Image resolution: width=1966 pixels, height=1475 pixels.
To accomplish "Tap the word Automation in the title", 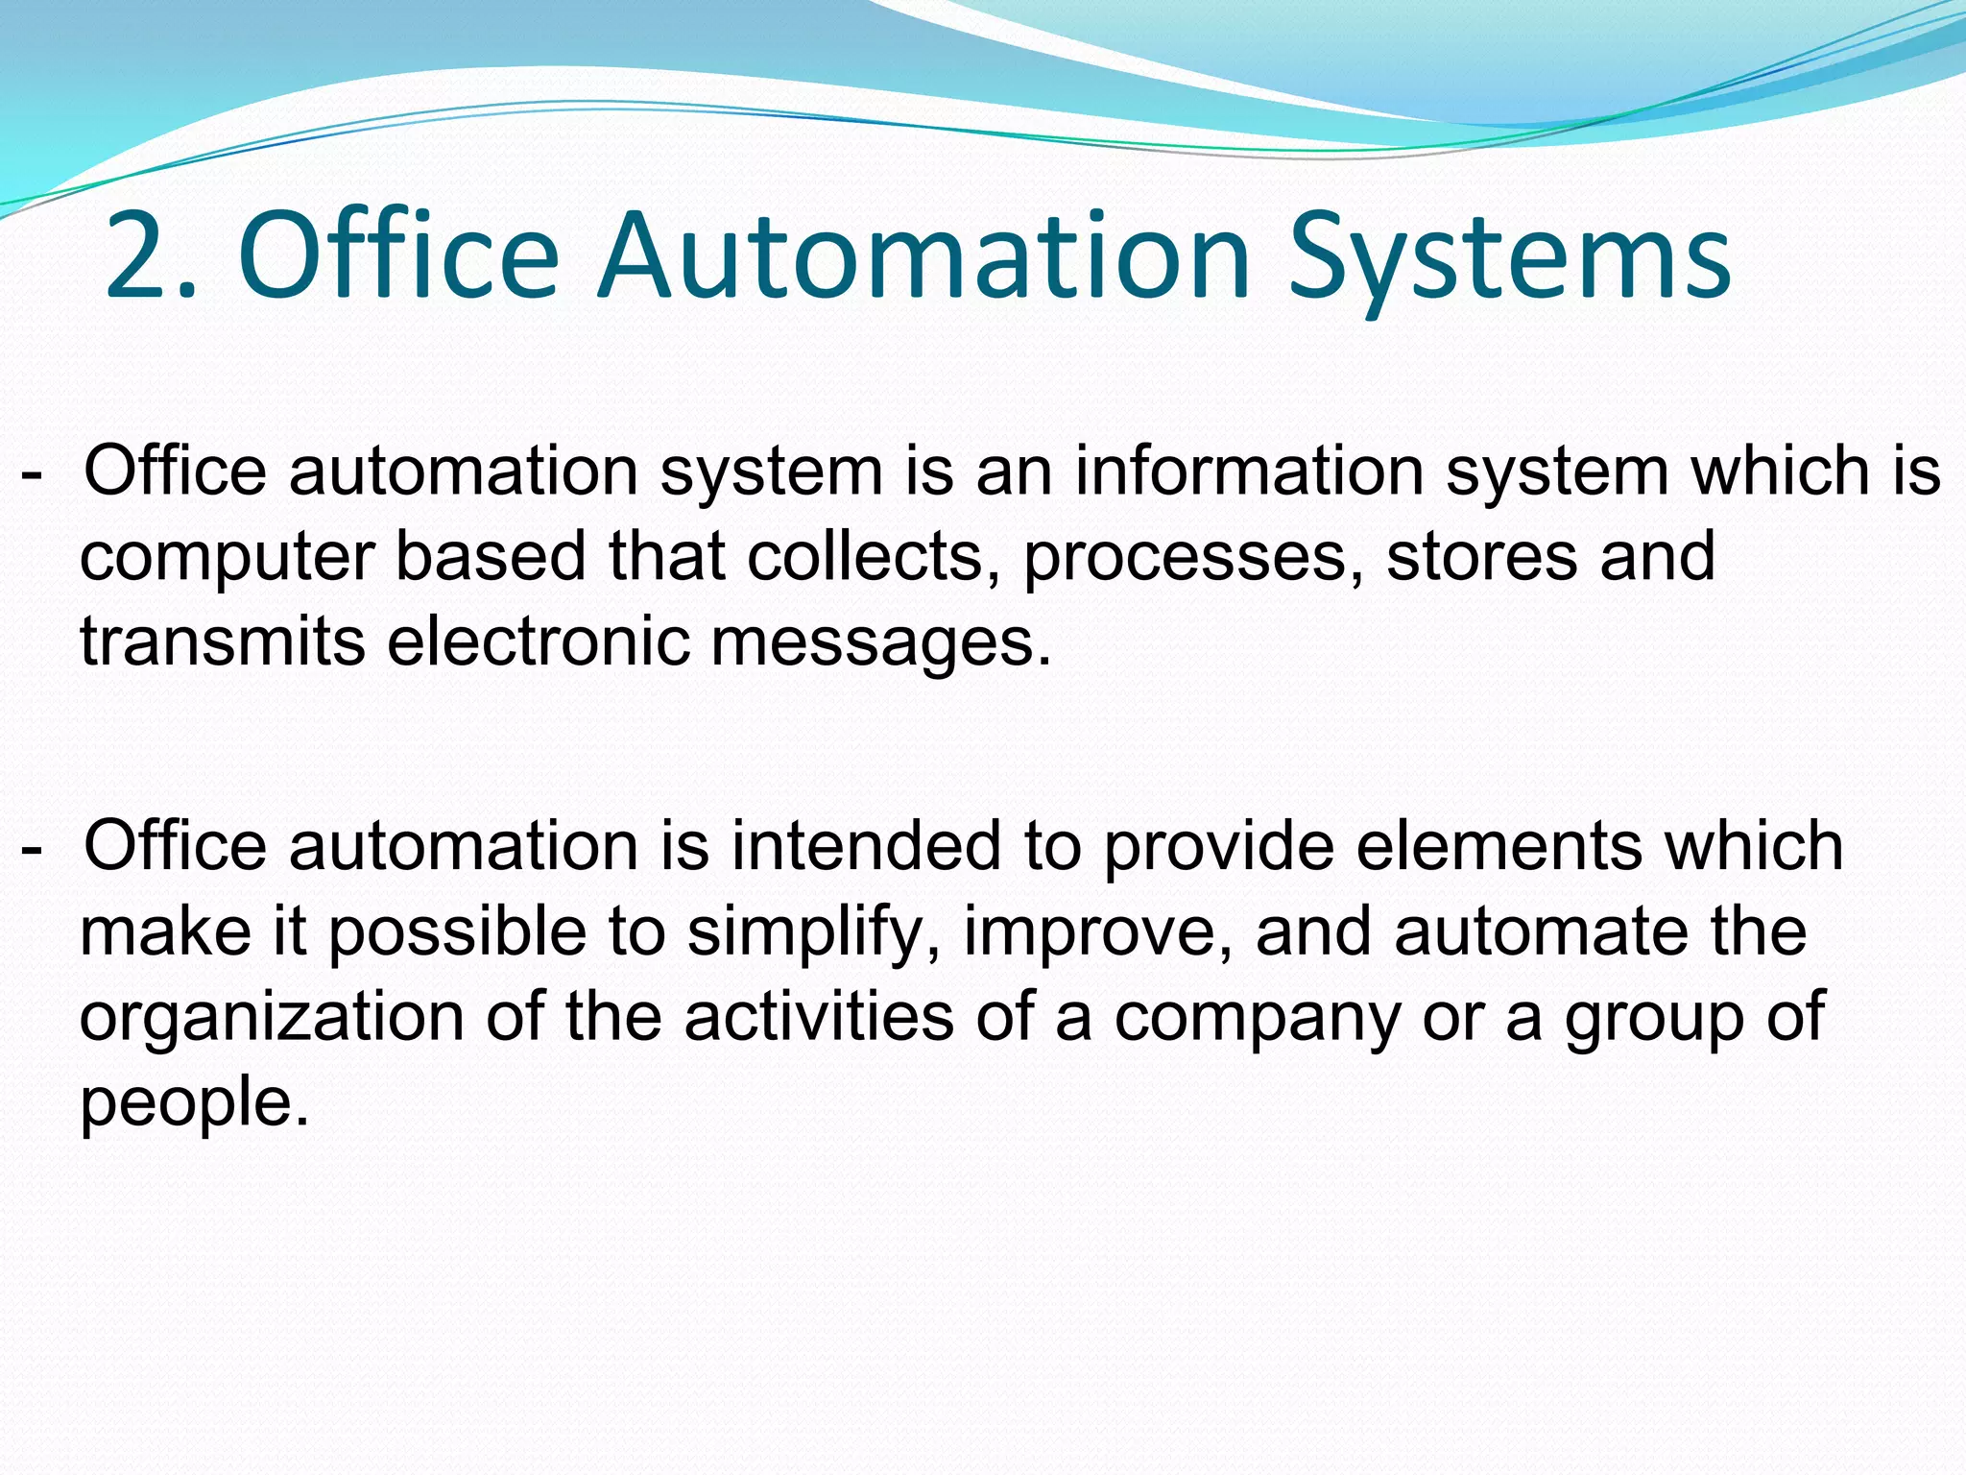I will (923, 256).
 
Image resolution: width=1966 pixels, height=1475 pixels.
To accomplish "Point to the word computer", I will (227, 559).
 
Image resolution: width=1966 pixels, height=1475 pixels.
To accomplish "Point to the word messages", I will (880, 643).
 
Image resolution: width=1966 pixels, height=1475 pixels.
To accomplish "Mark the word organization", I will (272, 1018).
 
